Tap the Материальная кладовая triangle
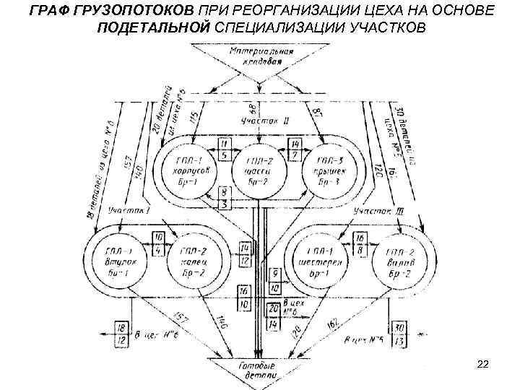tap(251, 58)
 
